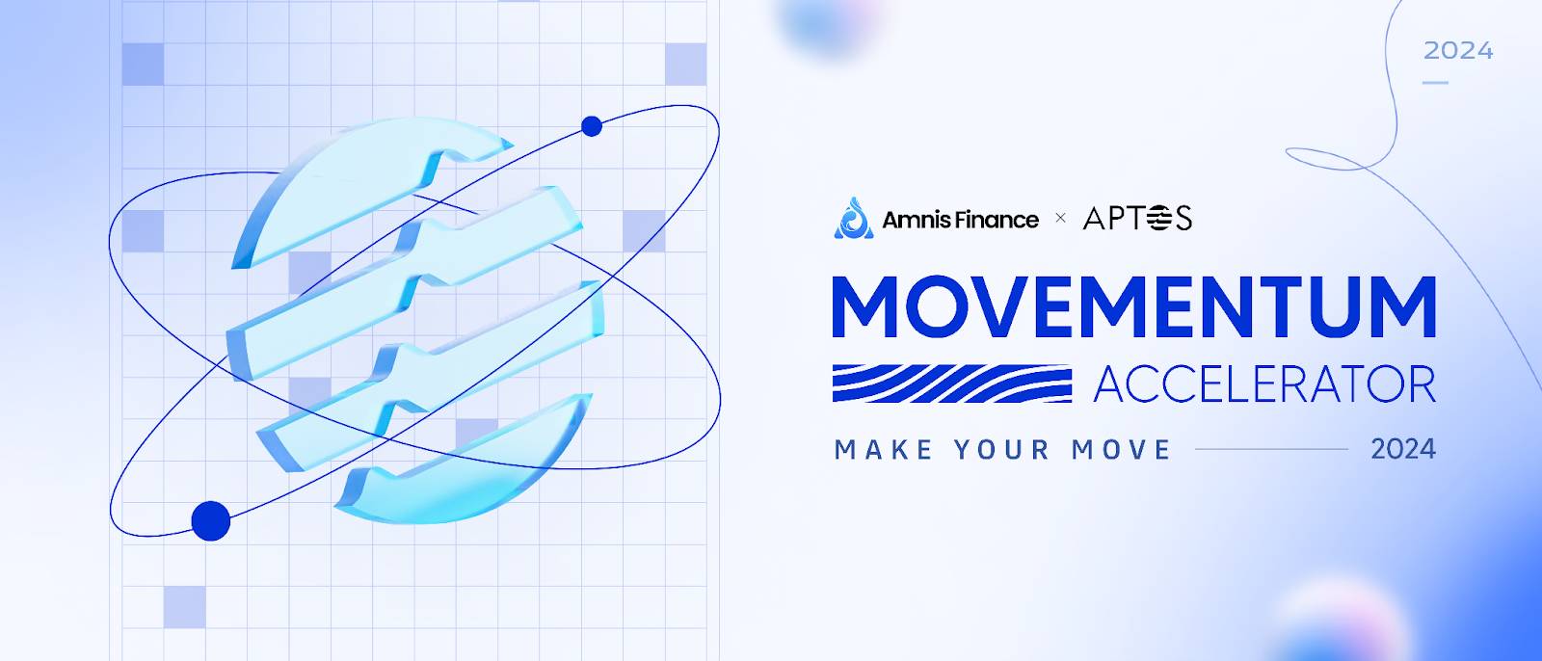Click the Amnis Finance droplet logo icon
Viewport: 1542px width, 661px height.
pos(854,218)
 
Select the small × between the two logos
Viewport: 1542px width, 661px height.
pos(1060,218)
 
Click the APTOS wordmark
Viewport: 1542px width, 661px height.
pos(1137,219)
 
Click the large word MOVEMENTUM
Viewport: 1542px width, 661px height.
pos(1133,307)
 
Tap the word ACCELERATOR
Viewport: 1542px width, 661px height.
pos(1264,384)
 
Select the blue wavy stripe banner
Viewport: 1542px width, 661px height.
pos(952,383)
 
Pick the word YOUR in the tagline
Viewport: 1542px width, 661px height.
pos(1001,450)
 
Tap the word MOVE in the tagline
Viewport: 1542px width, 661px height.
pos(1121,450)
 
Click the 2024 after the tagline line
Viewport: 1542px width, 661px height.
pos(1403,449)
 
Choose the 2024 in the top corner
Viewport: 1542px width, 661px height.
pos(1458,51)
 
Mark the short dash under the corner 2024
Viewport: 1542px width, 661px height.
pos(1435,83)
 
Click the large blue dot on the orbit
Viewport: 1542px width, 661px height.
pos(211,520)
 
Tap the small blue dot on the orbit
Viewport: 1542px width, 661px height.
pos(592,126)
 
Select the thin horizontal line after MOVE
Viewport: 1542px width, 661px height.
pos(1271,449)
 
